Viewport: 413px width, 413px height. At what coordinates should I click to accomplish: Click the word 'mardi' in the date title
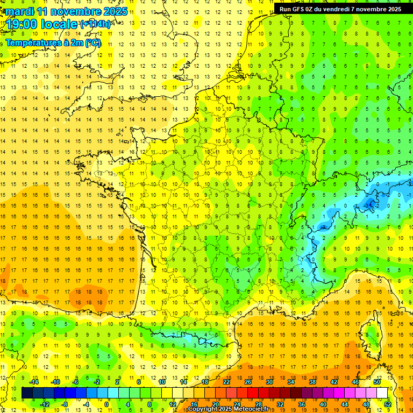pos(18,11)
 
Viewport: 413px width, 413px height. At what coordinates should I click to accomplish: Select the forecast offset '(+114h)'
pos(95,24)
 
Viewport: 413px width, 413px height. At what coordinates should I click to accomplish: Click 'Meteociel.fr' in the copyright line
pos(252,409)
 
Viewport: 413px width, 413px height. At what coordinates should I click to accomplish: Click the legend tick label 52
pos(388,404)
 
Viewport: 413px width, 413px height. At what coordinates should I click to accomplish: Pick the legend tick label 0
pos(106,404)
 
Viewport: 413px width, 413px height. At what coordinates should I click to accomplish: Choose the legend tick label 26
pos(248,382)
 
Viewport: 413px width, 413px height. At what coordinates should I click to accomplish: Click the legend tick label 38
pos(312,382)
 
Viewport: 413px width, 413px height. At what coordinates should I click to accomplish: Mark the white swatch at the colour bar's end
pos(382,393)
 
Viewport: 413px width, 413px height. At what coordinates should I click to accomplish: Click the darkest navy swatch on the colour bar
pos(27,393)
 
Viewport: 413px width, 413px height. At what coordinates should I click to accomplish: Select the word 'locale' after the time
pos(59,24)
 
